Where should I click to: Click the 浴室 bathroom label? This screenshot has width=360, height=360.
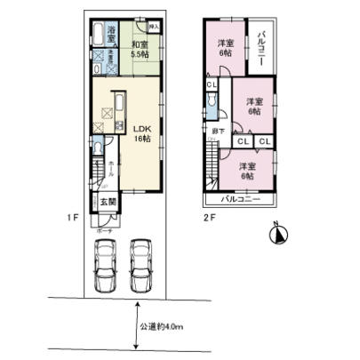click(x=112, y=31)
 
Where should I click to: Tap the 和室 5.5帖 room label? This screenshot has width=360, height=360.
click(x=140, y=48)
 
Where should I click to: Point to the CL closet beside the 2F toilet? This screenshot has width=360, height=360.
click(x=212, y=84)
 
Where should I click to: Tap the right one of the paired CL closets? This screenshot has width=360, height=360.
click(x=265, y=141)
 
